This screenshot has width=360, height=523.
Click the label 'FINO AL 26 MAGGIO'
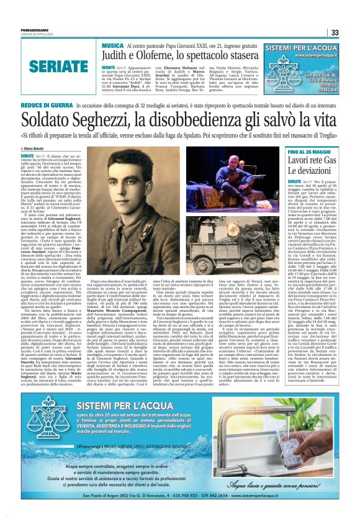point(311,152)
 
